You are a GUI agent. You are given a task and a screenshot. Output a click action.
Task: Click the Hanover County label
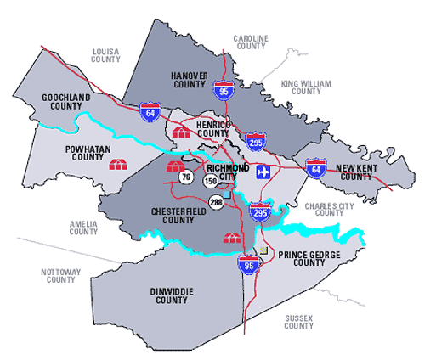(189, 79)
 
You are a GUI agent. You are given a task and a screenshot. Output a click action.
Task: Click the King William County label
(306, 88)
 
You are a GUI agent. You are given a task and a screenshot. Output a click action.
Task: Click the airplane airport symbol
(263, 170)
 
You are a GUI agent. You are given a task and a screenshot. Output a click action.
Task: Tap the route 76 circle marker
(186, 177)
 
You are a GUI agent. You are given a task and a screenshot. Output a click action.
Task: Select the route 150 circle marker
(211, 181)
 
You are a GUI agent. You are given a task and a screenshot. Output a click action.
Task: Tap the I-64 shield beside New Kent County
(315, 169)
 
